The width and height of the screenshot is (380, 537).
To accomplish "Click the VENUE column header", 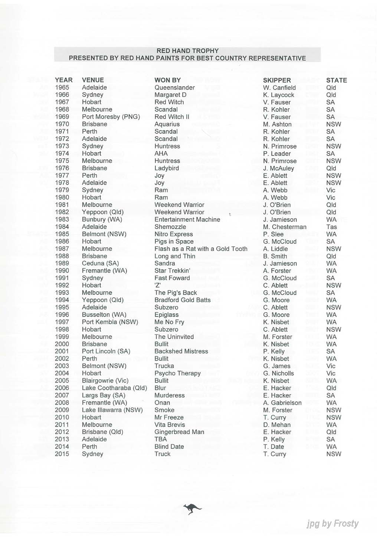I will pyautogui.click(x=93, y=80).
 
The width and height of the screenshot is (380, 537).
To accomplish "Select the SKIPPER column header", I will pyautogui.click(x=277, y=80).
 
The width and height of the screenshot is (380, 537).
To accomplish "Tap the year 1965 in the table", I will pyautogui.click(x=62, y=87).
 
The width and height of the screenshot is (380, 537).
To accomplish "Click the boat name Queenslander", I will pyautogui.click(x=174, y=87).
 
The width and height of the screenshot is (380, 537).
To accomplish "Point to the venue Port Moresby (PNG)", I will pyautogui.click(x=111, y=117).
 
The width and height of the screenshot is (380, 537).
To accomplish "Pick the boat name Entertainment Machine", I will pyautogui.click(x=187, y=219).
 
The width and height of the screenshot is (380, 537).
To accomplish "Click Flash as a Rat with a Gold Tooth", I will pyautogui.click(x=201, y=249).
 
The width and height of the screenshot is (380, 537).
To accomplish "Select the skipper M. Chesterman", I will pyautogui.click(x=285, y=227).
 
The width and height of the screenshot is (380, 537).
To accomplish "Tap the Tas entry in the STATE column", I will pyautogui.click(x=331, y=227).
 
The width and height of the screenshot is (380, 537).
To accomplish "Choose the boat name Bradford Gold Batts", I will pyautogui.click(x=182, y=300).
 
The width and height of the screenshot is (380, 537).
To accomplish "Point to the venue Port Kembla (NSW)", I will pyautogui.click(x=110, y=322).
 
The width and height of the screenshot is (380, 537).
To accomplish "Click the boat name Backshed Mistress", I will pyautogui.click(x=181, y=351).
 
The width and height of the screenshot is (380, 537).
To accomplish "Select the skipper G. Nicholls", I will pyautogui.click(x=278, y=373).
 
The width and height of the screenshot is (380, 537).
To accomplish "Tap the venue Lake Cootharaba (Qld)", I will pyautogui.click(x=114, y=388).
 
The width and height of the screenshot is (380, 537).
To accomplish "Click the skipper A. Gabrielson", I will pyautogui.click(x=282, y=403).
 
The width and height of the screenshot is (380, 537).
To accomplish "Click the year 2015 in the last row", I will pyautogui.click(x=62, y=454).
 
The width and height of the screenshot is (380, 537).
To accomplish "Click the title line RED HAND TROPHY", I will pyautogui.click(x=187, y=51).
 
